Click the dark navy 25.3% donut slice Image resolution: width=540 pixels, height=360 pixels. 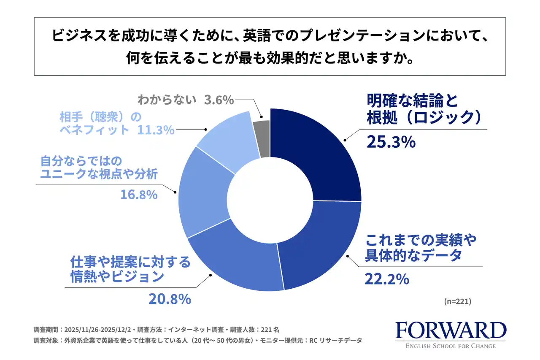click(321, 152)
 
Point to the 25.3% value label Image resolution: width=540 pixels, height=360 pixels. click(391, 142)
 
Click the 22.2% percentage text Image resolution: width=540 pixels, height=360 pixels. click(387, 279)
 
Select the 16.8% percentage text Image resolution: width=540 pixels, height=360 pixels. click(140, 195)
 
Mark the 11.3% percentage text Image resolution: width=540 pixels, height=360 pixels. click(156, 130)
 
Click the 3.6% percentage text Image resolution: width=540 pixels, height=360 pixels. click(219, 100)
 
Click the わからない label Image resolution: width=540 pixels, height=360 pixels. click(167, 100)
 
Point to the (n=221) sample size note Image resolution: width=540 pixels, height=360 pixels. click(458, 301)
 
